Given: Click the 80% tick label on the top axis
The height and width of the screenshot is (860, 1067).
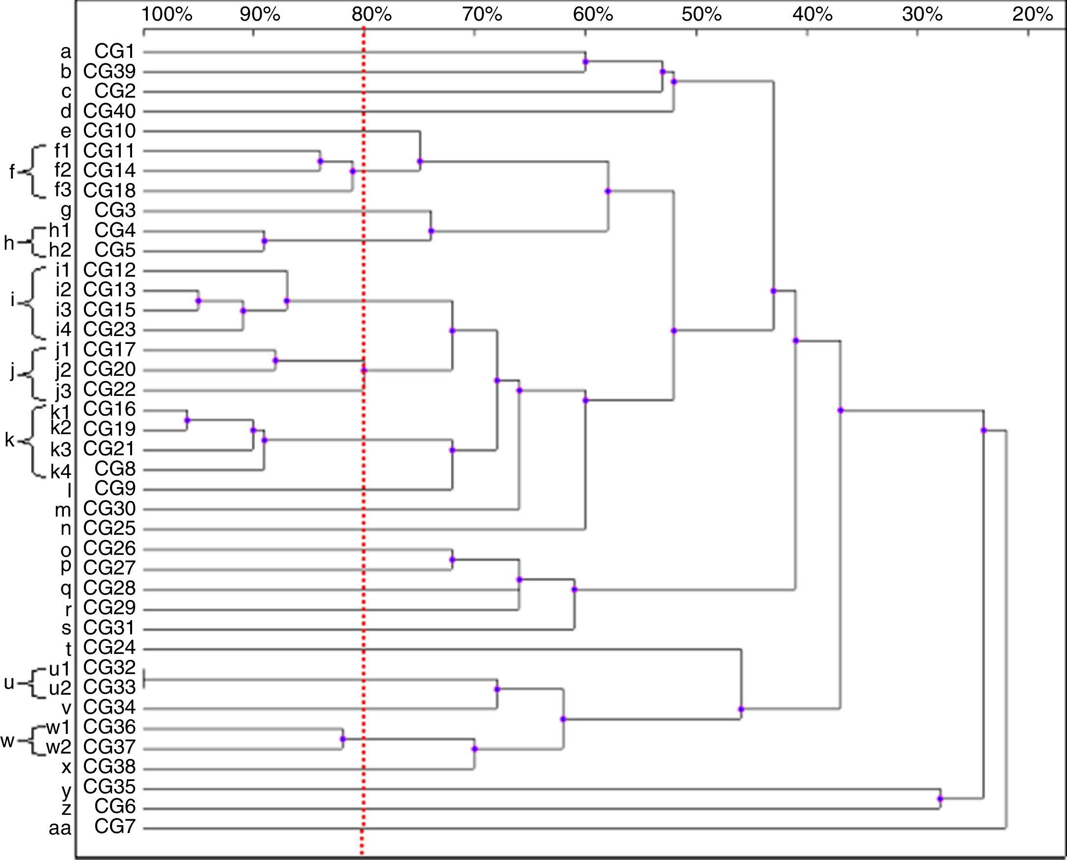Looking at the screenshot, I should coord(372,15).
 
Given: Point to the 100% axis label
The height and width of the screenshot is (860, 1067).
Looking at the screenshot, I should coord(167,15).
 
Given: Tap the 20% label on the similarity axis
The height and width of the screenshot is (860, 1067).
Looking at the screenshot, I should coord(1032,15).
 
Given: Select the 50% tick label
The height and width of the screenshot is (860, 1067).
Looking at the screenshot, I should coord(701,15).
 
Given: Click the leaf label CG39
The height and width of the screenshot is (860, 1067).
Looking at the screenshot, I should coord(109,72).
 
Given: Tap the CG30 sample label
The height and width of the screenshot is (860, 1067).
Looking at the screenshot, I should coord(109,509).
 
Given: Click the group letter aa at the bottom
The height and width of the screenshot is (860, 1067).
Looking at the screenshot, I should coord(60,828).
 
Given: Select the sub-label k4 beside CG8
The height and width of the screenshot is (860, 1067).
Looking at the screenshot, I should coord(61,471).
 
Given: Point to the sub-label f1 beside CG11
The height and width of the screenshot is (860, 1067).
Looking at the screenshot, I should coord(63,151).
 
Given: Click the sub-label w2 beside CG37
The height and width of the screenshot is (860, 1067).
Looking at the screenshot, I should coord(58,747).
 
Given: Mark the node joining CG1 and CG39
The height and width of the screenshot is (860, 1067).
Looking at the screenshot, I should coord(586,62).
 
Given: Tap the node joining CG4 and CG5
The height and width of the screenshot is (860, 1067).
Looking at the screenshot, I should coord(264,241).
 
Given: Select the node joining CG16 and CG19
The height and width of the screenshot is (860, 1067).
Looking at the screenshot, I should coord(187,420).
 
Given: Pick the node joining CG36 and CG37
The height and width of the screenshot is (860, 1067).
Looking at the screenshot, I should coord(342,739).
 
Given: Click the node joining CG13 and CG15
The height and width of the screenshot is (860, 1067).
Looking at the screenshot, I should coord(198,301).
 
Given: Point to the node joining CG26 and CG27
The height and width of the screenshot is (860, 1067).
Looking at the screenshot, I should coord(452,560).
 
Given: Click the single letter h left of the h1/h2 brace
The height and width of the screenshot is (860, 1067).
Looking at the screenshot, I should coord(9,243).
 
